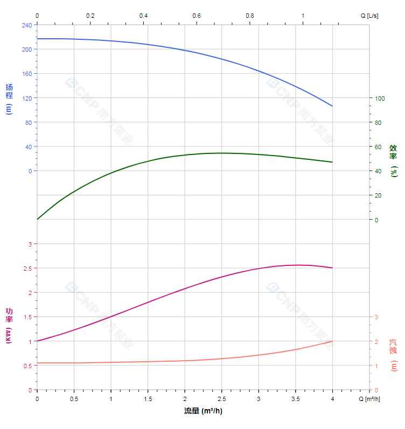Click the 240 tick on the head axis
click(26, 25)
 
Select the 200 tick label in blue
click(26, 49)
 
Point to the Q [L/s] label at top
click(369, 16)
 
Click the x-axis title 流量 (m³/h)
click(203, 411)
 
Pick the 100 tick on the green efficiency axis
click(380, 98)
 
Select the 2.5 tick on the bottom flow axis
click(221, 399)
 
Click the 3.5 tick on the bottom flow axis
click(295, 399)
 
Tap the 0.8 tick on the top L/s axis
click(249, 16)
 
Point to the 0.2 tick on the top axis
click(90, 16)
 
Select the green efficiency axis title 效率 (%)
click(394, 160)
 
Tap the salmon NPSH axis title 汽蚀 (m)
click(394, 355)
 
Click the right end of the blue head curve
click(332, 106)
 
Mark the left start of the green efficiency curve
click(37, 219)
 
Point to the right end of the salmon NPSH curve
click(332, 341)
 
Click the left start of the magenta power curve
click(37, 341)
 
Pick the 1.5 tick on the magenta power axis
click(28, 317)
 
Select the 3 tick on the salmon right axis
click(376, 317)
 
